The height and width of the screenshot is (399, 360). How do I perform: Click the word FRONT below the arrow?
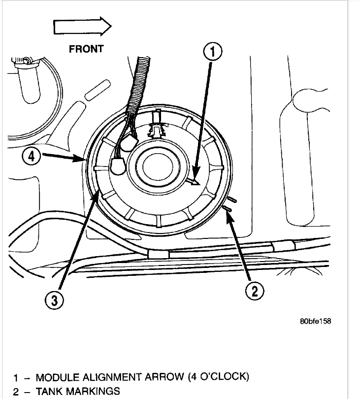(86, 48)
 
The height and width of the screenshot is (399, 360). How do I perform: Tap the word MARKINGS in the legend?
(93, 392)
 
